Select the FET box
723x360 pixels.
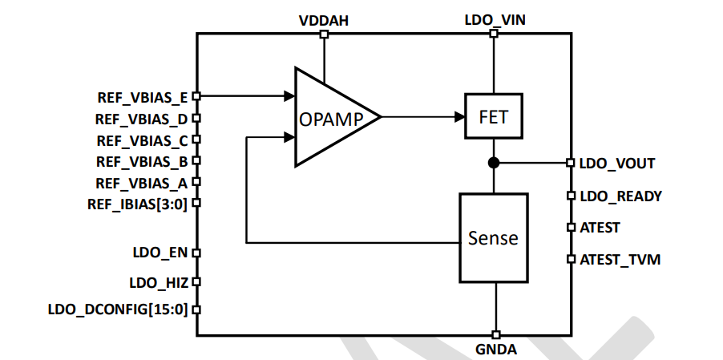click(493, 117)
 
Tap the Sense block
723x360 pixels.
click(493, 238)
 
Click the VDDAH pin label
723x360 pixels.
click(323, 18)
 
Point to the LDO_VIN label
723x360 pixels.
click(495, 18)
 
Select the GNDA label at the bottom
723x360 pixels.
click(496, 350)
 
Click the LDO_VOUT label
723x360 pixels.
click(617, 164)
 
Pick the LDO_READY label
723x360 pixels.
click(620, 196)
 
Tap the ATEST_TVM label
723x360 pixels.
click(620, 260)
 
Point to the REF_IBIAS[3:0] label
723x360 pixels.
click(137, 204)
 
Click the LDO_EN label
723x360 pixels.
click(160, 253)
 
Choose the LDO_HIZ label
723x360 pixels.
click(158, 282)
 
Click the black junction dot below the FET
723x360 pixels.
click(494, 163)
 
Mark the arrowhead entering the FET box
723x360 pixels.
click(460, 117)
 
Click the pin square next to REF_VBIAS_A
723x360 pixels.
click(196, 182)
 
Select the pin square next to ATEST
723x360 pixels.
click(571, 228)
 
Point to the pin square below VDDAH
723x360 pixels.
click(323, 34)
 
